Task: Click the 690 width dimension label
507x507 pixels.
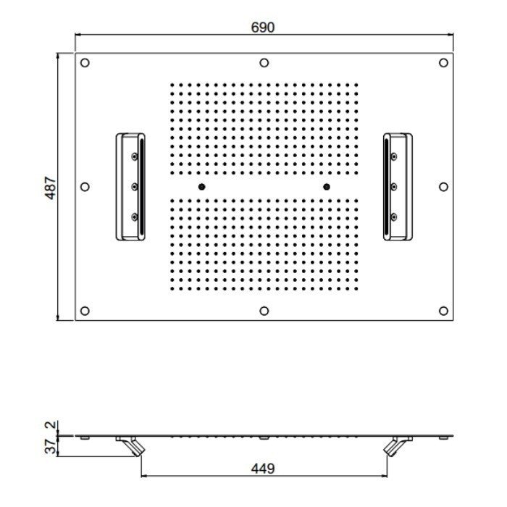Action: tap(262, 28)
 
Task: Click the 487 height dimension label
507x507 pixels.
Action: tap(51, 188)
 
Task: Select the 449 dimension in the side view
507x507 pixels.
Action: tap(262, 469)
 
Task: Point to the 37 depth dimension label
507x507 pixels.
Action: tap(51, 446)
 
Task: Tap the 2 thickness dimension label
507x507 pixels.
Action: tap(51, 424)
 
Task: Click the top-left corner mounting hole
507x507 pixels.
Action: tap(85, 63)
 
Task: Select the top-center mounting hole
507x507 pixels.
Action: tap(264, 63)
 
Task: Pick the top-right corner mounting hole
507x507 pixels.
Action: tap(443, 63)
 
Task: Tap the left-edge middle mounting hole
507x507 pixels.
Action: tap(85, 187)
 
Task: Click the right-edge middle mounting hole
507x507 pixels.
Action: tap(443, 187)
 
